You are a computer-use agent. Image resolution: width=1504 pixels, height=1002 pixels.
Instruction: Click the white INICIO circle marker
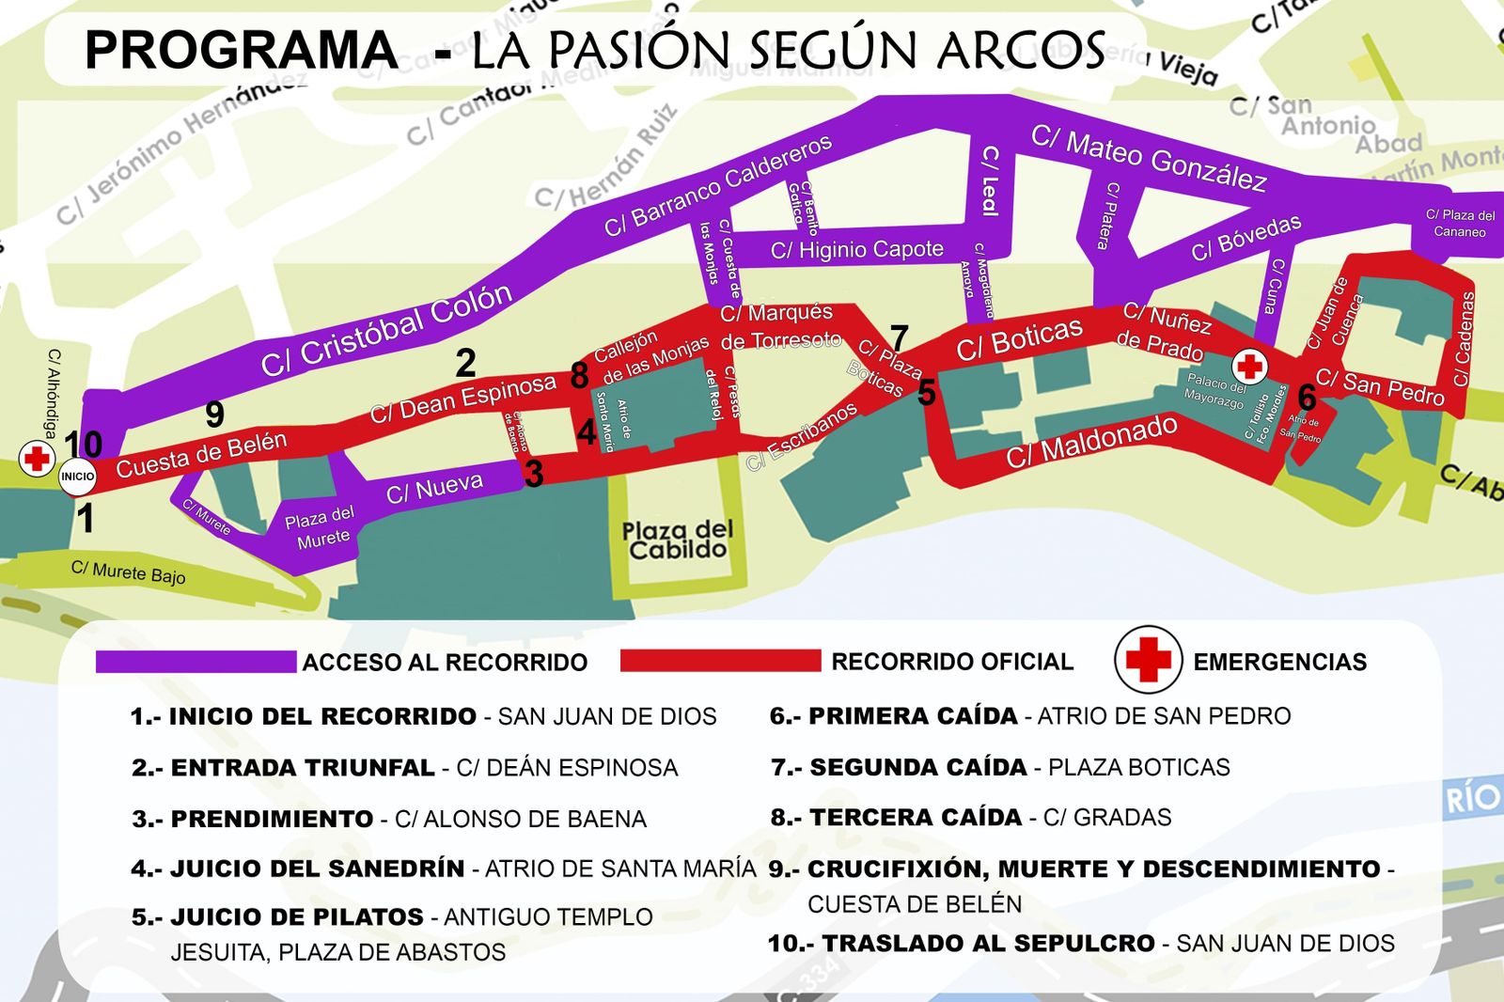pos(77,477)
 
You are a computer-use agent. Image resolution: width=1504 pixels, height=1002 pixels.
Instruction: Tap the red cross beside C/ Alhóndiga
pos(37,459)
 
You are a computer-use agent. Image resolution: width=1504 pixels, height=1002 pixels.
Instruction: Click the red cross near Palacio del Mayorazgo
pos(1250,367)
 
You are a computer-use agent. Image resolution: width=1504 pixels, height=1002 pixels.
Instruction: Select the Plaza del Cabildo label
pos(677,540)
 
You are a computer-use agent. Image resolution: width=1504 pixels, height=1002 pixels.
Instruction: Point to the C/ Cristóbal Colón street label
pos(386,330)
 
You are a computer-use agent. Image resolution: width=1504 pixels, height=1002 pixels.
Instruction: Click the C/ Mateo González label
pos(1149,157)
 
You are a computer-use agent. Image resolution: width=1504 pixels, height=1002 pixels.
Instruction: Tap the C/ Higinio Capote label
pos(856,249)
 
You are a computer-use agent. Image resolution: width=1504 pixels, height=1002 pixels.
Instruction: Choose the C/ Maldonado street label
pos(1091,441)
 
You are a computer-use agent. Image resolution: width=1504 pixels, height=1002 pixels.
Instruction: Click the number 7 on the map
pos(900,337)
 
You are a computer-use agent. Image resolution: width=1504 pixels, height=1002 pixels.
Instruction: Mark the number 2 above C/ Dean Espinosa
pos(465,363)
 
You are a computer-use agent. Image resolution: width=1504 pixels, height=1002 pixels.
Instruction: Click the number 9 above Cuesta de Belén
pos(214,414)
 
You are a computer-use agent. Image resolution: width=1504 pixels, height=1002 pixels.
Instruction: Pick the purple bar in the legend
pos(196,662)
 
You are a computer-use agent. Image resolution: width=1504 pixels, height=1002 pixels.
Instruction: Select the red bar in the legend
pos(720,661)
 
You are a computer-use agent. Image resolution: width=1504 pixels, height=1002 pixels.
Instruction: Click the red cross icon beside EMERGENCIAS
pos(1148,660)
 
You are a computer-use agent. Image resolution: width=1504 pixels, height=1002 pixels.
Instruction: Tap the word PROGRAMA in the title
pos(241,51)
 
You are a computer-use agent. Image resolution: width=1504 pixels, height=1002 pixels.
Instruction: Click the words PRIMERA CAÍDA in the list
pos(913,716)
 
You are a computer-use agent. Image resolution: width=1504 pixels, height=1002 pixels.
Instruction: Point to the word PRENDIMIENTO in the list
pos(272,819)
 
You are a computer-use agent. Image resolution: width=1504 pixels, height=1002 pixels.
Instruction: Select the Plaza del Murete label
pos(321,528)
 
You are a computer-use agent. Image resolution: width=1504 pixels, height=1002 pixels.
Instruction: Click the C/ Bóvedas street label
pos(1245,238)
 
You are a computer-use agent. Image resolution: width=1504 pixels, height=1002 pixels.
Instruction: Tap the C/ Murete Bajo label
pos(128,572)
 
